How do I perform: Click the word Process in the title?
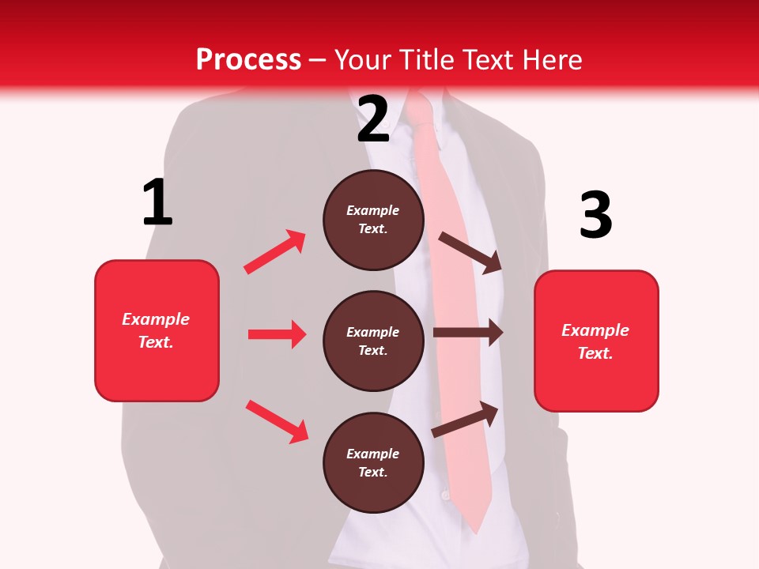248,60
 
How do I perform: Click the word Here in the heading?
549,60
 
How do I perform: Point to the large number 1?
157,202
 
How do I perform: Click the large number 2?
373,119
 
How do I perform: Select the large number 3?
595,216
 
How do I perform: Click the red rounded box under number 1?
157,330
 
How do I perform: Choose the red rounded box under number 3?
596,341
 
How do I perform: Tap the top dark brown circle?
373,220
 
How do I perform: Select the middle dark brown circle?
373,341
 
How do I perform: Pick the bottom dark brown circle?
373,462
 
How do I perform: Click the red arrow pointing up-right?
275,251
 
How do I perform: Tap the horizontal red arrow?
277,334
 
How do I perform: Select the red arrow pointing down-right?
277,421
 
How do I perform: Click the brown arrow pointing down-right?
470,253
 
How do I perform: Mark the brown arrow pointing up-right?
465,419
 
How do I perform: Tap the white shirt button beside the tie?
445,495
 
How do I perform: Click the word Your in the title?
363,60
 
